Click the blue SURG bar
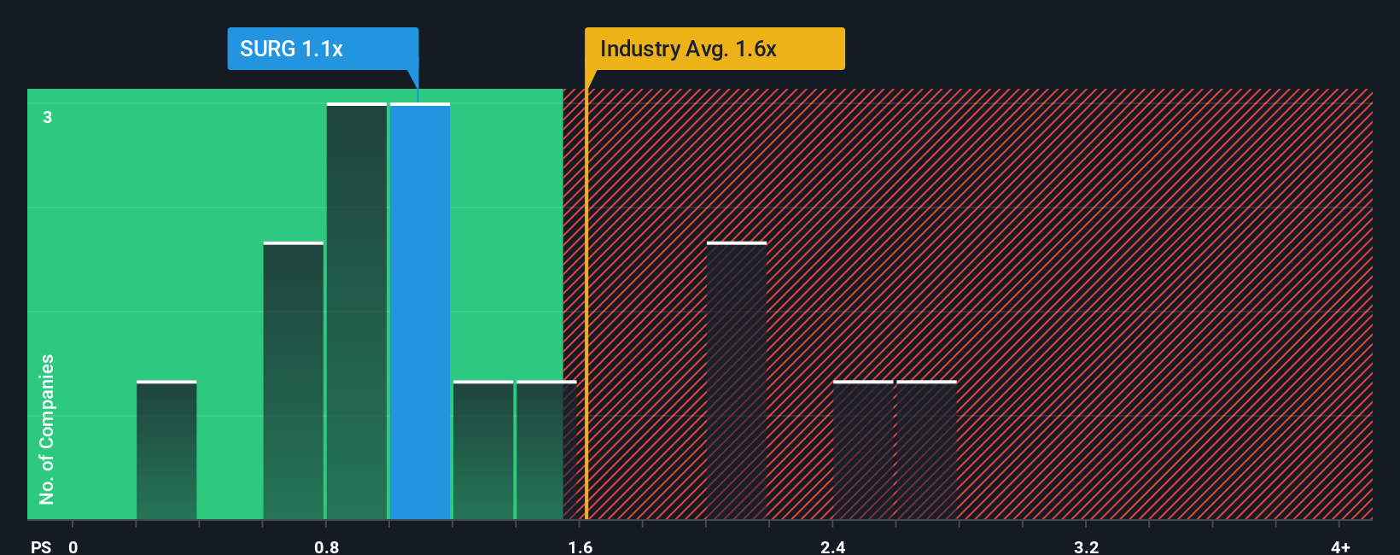[x=420, y=312]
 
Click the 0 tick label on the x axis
[x=73, y=547]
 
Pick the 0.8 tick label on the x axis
[x=326, y=547]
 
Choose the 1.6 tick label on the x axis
[x=580, y=547]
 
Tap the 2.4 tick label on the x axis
[x=832, y=547]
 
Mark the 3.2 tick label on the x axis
[x=1086, y=547]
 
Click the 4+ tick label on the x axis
[x=1340, y=547]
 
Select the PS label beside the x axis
[x=41, y=547]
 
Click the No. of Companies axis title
[x=47, y=429]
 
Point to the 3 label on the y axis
[x=48, y=117]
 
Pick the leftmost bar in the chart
[x=166, y=450]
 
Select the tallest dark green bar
[x=357, y=312]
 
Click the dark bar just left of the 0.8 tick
[x=294, y=381]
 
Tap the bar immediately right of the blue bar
[x=483, y=450]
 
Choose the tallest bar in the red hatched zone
[x=737, y=381]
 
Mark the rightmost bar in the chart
[x=926, y=450]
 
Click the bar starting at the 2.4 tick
[x=863, y=450]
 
